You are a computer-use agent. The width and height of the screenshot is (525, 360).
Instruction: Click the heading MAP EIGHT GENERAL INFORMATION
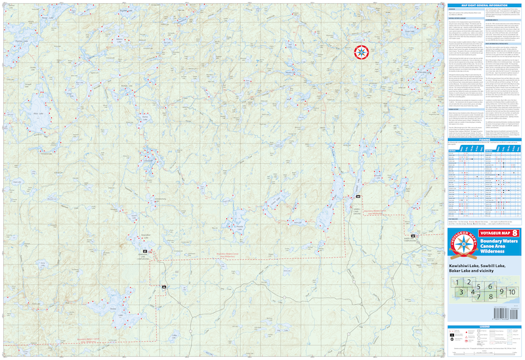[486, 5]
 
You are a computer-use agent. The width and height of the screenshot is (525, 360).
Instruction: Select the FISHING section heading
[486, 140]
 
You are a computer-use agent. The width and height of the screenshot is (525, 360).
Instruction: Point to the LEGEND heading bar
[486, 326]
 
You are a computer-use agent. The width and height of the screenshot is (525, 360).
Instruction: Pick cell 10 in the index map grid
[513, 292]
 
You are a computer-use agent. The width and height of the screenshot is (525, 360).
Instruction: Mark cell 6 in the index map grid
[490, 287]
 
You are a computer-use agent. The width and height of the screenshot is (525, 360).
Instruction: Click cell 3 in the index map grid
[462, 292]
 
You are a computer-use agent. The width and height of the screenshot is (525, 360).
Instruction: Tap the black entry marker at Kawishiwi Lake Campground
[144, 251]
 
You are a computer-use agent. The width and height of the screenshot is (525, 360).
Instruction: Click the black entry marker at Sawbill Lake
[358, 197]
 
